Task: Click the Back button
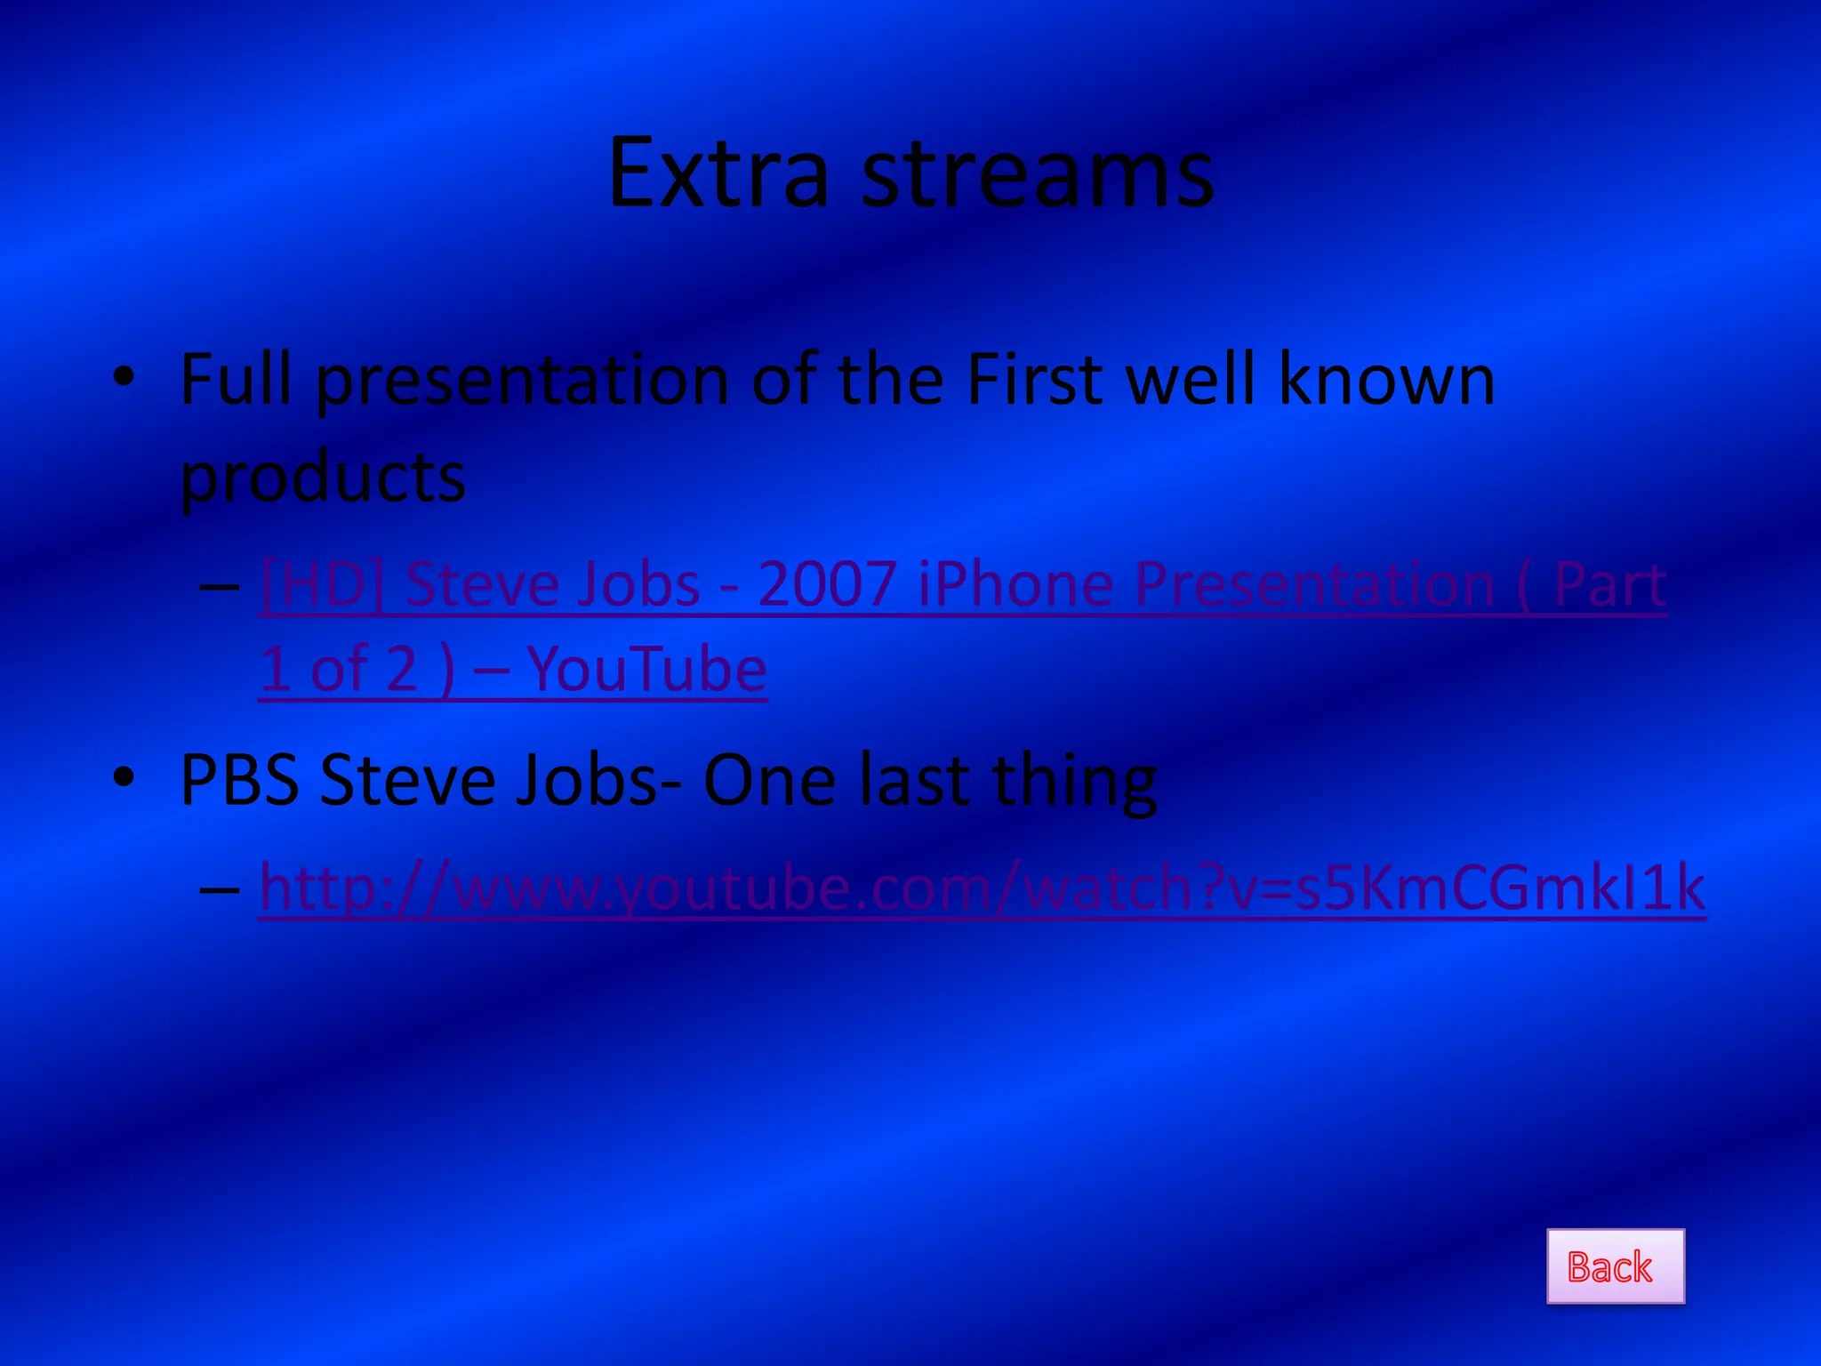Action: (x=1615, y=1266)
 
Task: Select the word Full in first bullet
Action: (x=236, y=380)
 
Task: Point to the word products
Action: (x=323, y=478)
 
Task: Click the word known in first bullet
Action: (x=1386, y=380)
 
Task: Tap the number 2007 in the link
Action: (x=826, y=585)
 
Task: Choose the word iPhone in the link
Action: (x=1015, y=585)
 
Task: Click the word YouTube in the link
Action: (x=646, y=670)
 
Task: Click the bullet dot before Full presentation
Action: (x=124, y=378)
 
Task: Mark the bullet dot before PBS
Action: (x=124, y=777)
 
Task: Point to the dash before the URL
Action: (x=220, y=888)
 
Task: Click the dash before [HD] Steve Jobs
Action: (x=220, y=586)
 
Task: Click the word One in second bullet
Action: (x=769, y=780)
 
